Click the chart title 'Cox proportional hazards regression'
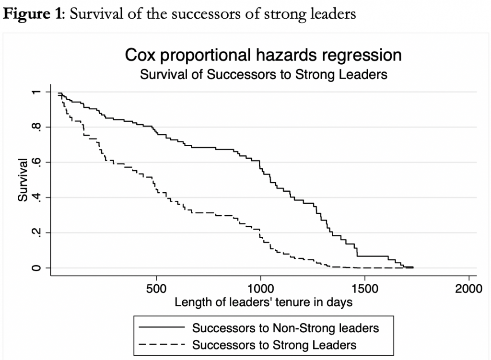pos(263,55)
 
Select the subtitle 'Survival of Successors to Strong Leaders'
pos(263,75)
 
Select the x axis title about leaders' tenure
pos(263,302)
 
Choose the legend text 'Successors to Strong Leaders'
pos(274,344)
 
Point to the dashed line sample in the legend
pos(161,344)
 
